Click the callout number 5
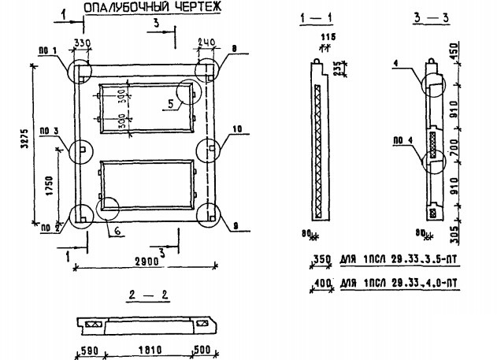pos(171,102)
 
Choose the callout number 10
pos(236,128)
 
